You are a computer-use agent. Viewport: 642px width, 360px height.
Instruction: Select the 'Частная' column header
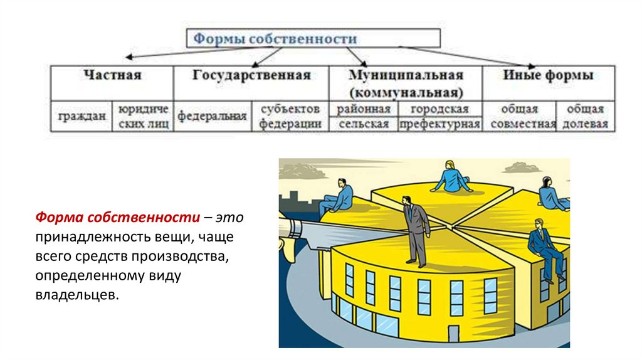(x=113, y=75)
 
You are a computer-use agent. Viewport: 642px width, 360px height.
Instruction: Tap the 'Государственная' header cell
(x=251, y=75)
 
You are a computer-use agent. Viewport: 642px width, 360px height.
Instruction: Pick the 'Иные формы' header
(x=548, y=75)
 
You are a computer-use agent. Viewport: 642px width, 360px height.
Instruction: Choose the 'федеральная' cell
(x=212, y=117)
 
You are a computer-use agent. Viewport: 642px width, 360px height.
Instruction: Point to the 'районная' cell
(x=364, y=109)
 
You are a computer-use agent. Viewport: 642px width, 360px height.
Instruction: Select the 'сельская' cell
(x=364, y=124)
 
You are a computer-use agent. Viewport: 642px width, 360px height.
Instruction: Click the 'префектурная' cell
(x=439, y=124)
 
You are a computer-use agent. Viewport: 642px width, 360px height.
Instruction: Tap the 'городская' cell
(x=439, y=109)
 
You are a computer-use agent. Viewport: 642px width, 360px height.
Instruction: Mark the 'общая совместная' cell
(x=523, y=117)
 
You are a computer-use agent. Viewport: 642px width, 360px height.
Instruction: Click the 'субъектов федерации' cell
(x=290, y=117)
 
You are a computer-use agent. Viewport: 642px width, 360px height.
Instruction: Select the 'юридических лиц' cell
(x=144, y=117)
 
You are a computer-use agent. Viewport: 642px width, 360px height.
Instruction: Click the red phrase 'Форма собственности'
(x=117, y=217)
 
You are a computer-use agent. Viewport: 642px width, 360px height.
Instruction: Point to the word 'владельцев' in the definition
(x=76, y=294)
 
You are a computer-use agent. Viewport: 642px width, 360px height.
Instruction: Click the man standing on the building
(x=414, y=229)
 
